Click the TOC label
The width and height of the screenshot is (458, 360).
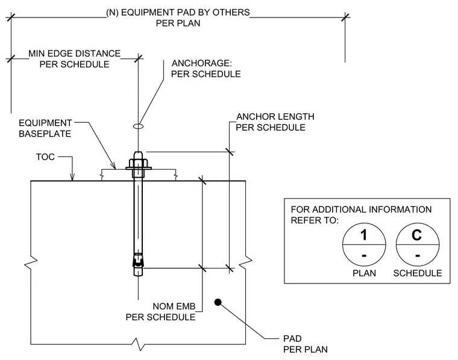click(45, 157)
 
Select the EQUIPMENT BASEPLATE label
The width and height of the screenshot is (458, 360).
click(45, 128)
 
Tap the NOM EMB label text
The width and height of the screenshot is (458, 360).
click(174, 306)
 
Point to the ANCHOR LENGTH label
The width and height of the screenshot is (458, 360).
click(275, 117)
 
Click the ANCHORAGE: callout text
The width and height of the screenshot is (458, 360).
click(201, 63)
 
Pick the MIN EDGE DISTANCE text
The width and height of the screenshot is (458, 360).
click(75, 54)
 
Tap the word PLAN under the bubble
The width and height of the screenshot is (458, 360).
click(364, 273)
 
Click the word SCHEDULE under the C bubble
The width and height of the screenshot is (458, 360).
click(418, 273)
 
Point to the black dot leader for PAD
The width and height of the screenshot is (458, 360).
click(218, 302)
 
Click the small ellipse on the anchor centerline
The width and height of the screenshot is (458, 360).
click(138, 126)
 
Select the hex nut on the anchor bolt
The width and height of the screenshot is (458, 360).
click(138, 163)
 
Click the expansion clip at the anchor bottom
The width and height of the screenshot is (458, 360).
click(138, 260)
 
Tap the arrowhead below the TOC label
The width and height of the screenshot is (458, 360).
click(72, 177)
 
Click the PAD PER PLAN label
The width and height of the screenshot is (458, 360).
click(306, 344)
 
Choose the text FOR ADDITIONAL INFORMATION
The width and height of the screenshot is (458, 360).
click(361, 209)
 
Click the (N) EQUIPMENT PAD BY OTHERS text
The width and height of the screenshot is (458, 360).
click(178, 13)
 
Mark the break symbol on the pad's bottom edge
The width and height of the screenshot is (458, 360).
click(138, 344)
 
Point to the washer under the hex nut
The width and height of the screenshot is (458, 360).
click(139, 168)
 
